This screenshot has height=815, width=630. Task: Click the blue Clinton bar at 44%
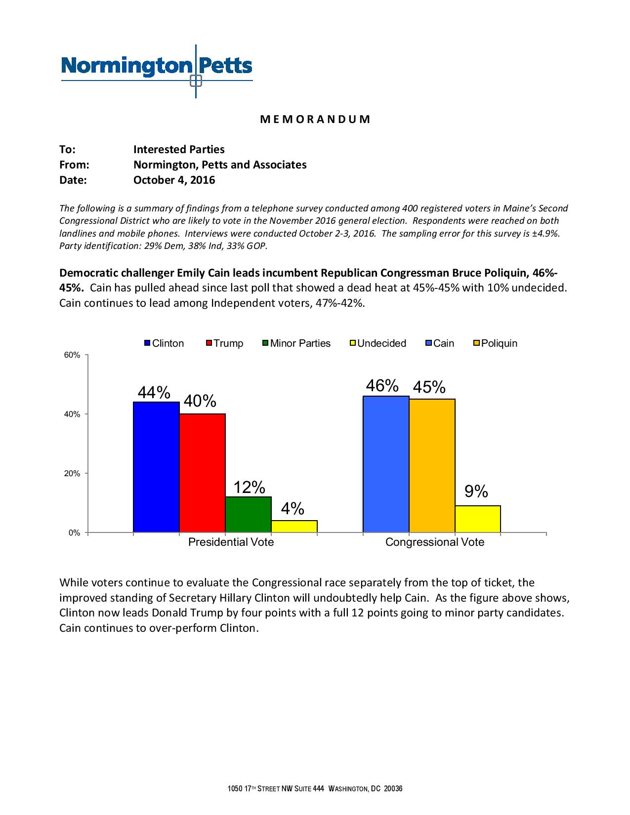(156, 467)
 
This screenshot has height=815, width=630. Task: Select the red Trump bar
(202, 473)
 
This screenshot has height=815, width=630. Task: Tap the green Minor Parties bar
(248, 515)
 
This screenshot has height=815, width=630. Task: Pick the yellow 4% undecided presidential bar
(294, 527)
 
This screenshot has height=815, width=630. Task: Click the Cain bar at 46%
(386, 464)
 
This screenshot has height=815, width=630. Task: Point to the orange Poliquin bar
(432, 466)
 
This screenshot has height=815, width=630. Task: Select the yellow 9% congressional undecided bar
(478, 519)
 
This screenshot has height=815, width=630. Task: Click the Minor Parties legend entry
(296, 343)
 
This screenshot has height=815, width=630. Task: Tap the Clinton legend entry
(164, 343)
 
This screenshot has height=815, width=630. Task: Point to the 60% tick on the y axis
(72, 355)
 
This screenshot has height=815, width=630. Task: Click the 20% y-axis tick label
(72, 474)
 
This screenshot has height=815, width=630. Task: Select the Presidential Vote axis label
(231, 542)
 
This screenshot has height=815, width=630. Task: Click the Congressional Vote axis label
(434, 542)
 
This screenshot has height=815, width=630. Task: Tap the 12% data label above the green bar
(249, 488)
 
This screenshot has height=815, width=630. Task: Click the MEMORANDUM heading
(315, 120)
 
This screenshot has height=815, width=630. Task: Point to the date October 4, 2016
(174, 180)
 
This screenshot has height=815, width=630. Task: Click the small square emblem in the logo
(196, 81)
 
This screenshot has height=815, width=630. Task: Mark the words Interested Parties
(179, 149)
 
